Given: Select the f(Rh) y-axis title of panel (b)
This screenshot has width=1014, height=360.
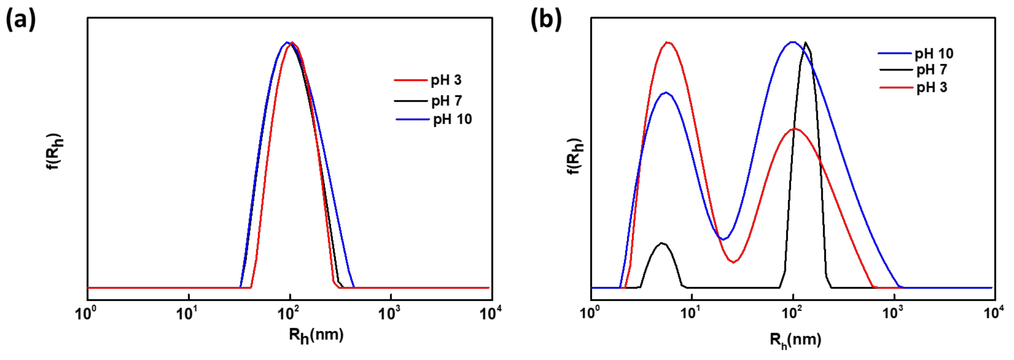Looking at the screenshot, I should pyautogui.click(x=576, y=156).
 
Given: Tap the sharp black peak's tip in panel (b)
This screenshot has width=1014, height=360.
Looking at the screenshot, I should pyautogui.click(x=805, y=42).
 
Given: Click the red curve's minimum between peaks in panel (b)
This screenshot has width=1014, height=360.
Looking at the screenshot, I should pyautogui.click(x=733, y=262).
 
